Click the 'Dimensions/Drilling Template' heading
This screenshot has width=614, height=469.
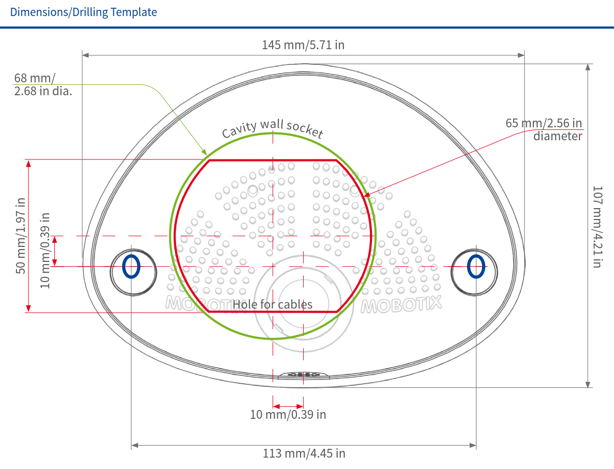pos(83,12)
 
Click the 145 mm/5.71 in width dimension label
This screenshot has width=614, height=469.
pos(303,45)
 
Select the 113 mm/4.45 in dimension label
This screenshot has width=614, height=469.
pos(304,453)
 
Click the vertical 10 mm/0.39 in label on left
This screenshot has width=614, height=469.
pos(46,251)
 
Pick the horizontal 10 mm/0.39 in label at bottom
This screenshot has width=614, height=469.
pos(288,415)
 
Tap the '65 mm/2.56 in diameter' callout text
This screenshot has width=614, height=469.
pos(544,129)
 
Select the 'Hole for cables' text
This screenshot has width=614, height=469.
pos(273,304)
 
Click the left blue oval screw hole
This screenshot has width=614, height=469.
pos(131,267)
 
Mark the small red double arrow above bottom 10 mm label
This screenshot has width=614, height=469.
pos(288,406)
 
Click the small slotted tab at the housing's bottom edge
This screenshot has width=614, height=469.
pos(303,374)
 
